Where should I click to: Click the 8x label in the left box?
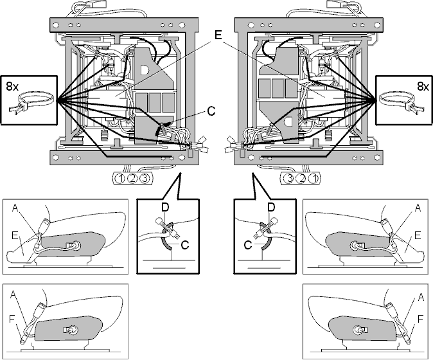(12, 87)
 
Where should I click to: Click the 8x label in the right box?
(423, 87)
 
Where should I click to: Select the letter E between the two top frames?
(218, 35)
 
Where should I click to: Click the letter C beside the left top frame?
(211, 111)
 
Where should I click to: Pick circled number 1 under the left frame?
(120, 179)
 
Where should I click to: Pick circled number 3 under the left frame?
(145, 179)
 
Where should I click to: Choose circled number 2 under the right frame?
(301, 179)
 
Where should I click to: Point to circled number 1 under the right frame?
(313, 179)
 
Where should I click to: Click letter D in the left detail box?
(165, 208)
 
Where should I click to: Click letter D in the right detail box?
(271, 207)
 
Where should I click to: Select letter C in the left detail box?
(185, 244)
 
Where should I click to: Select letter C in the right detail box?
(248, 244)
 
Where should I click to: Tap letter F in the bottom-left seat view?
(12, 319)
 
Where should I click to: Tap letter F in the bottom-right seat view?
(420, 319)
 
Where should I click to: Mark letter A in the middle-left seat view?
(16, 208)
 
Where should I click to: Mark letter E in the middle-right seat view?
(418, 236)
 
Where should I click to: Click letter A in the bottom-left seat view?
(13, 294)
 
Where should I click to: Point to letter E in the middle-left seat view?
(15, 236)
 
